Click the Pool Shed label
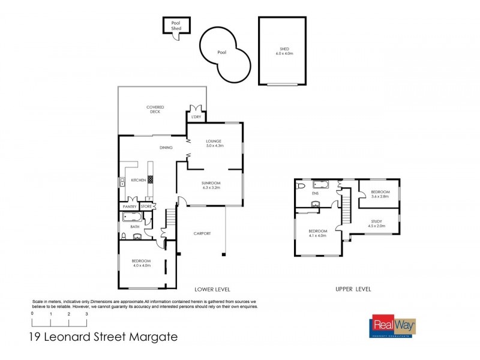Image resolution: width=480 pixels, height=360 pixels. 176,25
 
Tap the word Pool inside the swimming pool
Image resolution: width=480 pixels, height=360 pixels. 222,53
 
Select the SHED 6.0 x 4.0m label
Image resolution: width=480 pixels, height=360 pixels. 284,52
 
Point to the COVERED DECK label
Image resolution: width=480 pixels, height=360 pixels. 155,109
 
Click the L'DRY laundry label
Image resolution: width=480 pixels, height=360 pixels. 196,116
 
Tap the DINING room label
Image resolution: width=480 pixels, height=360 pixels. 166,148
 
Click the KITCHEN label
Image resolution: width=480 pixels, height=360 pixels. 139,180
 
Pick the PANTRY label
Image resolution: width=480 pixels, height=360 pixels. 130,207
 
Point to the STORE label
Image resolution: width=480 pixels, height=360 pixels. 146,207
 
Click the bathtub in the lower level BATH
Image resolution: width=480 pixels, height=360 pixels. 131,217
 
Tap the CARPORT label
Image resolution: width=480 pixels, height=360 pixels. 202,233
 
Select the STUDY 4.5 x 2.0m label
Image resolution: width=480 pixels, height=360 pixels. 376,224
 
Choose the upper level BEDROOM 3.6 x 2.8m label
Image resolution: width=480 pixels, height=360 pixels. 380,194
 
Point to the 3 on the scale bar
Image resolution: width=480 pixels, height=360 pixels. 87,314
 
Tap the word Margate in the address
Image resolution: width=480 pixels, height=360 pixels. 152,337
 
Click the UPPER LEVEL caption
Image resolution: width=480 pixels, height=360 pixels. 353,289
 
